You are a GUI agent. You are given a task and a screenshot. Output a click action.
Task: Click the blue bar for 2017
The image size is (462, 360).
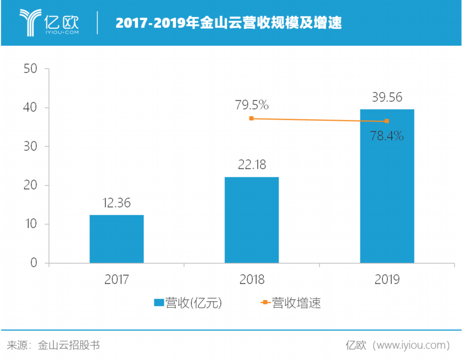pos(116,239)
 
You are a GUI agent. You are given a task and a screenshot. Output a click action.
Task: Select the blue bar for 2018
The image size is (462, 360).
pos(252,220)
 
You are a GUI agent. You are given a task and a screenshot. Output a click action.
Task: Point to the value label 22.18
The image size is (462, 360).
pos(252,165)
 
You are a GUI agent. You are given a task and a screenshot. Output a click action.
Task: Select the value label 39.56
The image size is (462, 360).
pos(387,97)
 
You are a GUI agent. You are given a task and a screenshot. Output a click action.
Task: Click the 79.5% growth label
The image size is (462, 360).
pos(252,106)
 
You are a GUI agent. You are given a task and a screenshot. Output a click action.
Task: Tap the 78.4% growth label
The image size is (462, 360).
pos(387,136)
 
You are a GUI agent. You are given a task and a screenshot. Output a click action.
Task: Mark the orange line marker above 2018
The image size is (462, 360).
pos(251,119)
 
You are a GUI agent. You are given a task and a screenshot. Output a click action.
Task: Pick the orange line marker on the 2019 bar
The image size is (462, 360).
pos(387,121)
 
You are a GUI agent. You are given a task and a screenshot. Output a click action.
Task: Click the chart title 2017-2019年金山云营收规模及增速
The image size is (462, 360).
pos(229,23)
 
